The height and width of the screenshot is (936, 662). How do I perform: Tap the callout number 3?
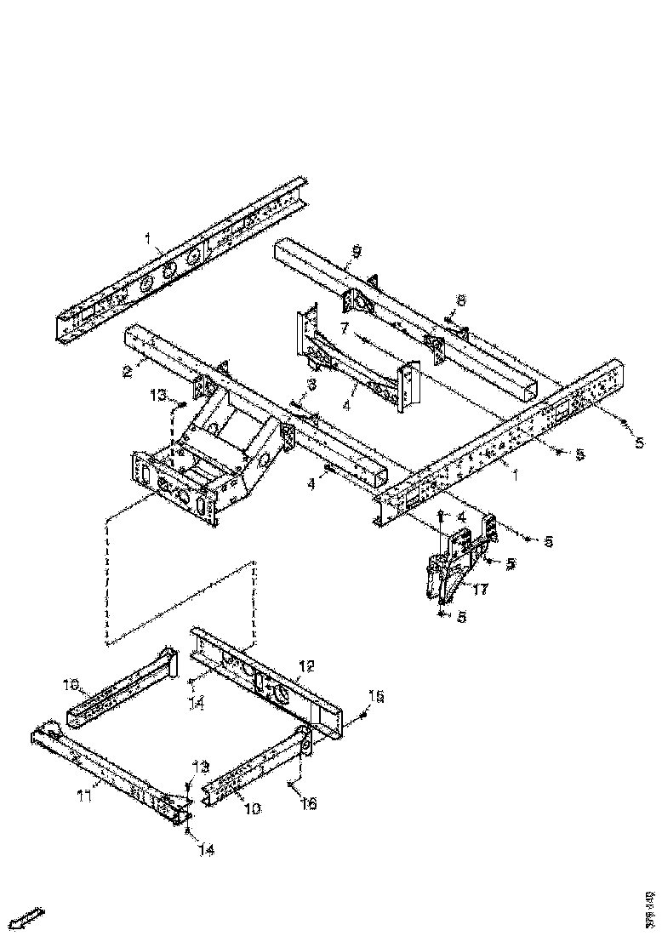tap(311, 385)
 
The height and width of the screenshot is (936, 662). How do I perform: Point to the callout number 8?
tap(460, 300)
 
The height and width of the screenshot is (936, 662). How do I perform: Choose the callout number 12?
tap(306, 665)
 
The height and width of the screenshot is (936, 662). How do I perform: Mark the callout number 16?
tap(308, 803)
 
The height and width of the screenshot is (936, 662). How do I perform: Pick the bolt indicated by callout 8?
tap(448, 316)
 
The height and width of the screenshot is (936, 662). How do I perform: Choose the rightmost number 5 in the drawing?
tap(640, 442)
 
